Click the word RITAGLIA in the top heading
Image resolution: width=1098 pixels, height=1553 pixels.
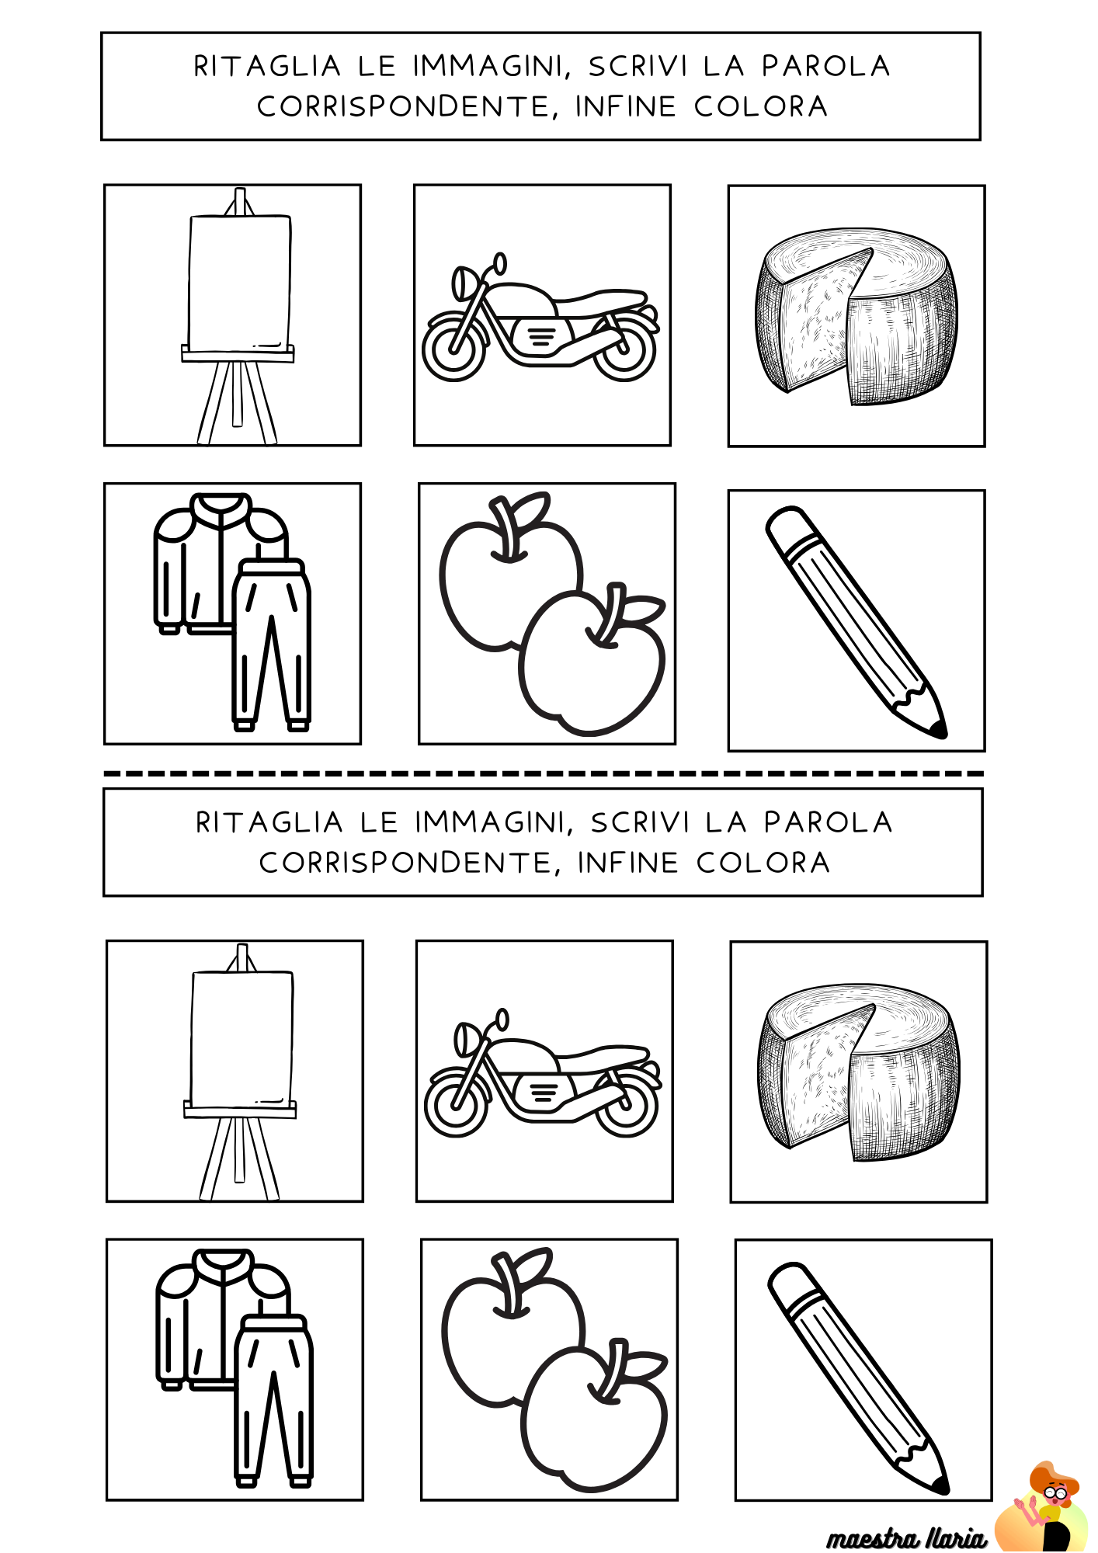coord(267,67)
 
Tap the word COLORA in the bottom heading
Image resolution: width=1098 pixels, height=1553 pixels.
coord(763,863)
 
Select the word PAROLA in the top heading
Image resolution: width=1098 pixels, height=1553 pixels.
coord(825,67)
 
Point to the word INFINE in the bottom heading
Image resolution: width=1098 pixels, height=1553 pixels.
coord(627,863)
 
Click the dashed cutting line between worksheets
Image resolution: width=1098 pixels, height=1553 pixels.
coord(544,773)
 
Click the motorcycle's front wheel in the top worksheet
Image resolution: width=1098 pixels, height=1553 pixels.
coord(454,347)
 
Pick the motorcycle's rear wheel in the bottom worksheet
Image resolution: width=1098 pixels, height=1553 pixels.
coord(627,1104)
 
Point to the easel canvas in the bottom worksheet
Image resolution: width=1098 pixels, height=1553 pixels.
coord(241,1038)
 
